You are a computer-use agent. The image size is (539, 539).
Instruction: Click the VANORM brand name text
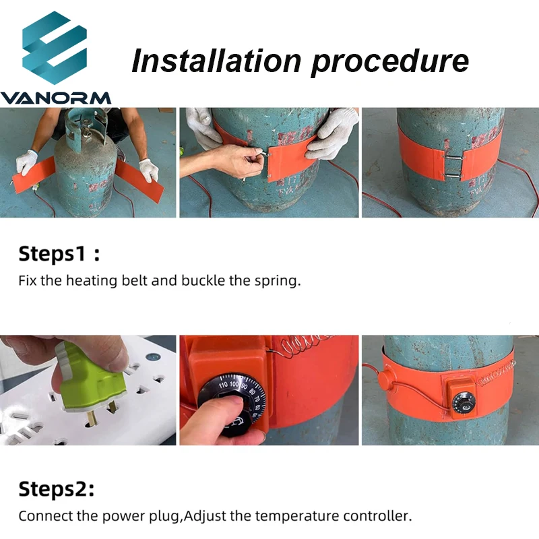56,98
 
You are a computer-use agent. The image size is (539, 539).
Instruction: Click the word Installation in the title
215,61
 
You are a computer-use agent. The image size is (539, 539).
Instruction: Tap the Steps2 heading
56,489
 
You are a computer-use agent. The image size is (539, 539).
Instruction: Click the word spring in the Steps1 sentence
276,281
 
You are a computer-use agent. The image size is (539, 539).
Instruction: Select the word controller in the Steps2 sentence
377,517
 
